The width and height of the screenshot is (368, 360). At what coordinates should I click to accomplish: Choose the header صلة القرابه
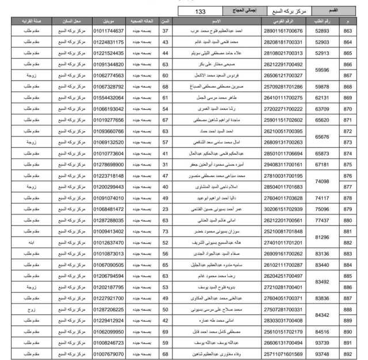(x=32, y=21)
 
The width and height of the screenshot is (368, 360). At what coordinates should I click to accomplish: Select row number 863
(x=347, y=31)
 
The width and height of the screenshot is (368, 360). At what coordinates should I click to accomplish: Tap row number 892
(x=347, y=354)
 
